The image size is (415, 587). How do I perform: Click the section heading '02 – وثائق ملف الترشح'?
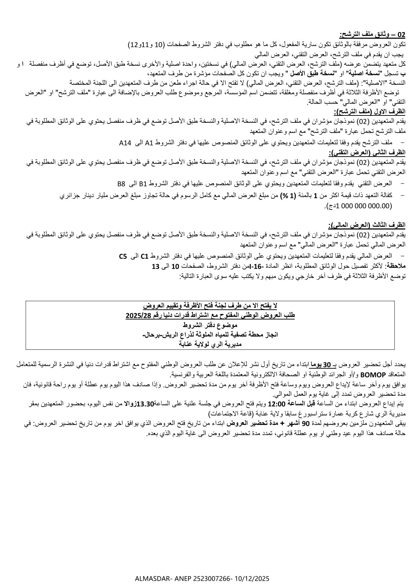(373, 34)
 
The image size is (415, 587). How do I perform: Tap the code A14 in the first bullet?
(125, 142)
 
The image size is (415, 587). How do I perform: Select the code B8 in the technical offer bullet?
(122, 183)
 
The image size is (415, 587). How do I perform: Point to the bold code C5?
(123, 256)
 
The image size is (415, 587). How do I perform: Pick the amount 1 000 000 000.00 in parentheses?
(363, 206)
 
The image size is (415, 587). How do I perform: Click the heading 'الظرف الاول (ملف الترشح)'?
(370, 112)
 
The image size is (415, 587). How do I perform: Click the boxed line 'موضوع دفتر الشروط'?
(210, 325)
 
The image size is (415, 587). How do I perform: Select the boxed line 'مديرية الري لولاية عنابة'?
(210, 344)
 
